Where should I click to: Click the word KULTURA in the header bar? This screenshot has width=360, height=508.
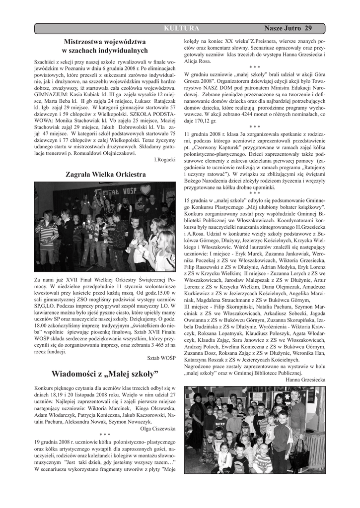(181, 28)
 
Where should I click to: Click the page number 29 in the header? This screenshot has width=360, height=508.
(308, 28)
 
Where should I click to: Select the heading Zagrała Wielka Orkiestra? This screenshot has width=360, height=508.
(106, 175)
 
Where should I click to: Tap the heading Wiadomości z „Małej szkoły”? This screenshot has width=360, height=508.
(105, 373)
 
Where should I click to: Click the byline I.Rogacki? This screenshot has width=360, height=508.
(165, 160)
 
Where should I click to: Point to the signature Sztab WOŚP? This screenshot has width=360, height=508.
(162, 357)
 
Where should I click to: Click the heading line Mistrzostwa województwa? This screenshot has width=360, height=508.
(105, 41)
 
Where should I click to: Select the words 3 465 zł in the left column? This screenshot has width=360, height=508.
(159, 343)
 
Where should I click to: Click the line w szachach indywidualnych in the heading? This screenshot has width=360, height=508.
(105, 51)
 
